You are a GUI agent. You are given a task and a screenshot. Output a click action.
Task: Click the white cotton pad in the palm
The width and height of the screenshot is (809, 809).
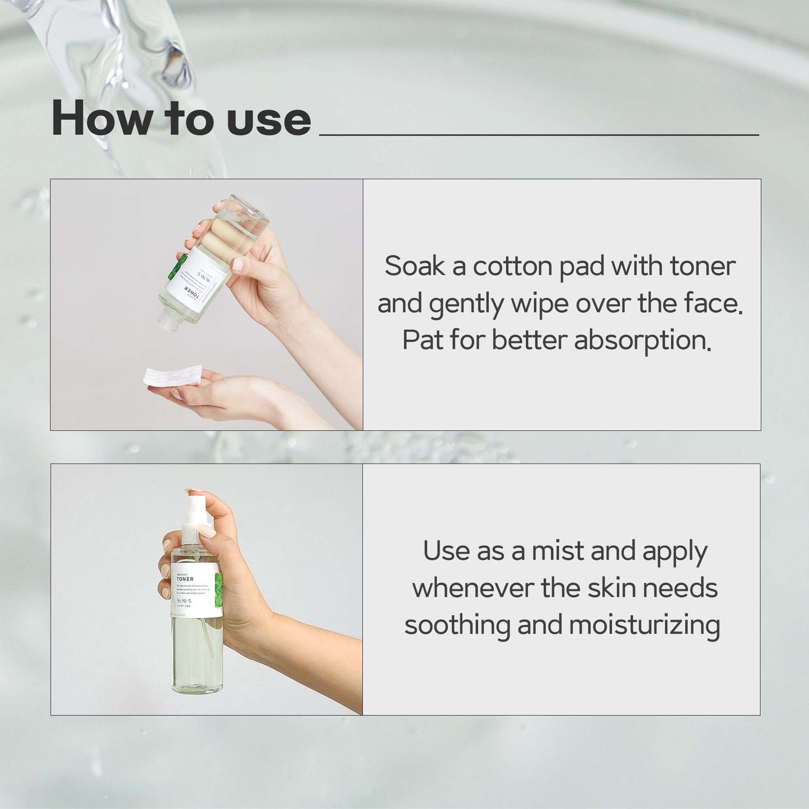coord(172,376)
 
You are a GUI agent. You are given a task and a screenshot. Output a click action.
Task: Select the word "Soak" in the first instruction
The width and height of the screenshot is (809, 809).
coord(414,266)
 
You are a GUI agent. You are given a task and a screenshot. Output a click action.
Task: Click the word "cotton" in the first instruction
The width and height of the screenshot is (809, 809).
coord(512,267)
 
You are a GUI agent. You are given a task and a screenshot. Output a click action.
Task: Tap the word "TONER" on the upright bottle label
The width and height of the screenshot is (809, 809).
coord(185,579)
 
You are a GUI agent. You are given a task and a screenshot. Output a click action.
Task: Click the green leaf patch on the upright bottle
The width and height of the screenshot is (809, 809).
coord(218,586)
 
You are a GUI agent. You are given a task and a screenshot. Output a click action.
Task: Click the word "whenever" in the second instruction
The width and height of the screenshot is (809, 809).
coord(473,588)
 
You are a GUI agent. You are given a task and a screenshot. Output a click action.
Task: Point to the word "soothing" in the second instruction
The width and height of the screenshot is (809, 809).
coord(457,625)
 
